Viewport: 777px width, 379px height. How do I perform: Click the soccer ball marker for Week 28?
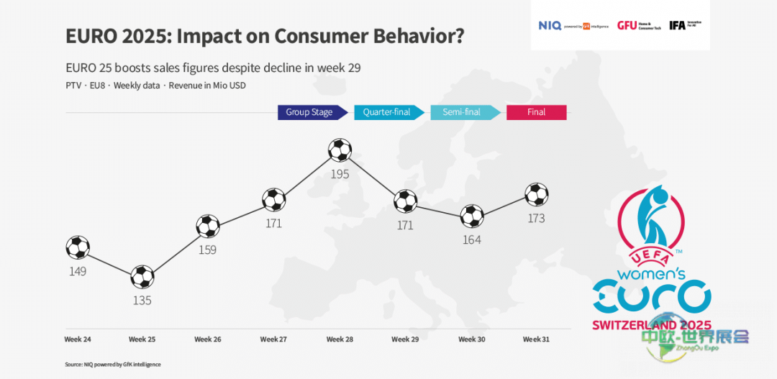pyautogui.click(x=340, y=150)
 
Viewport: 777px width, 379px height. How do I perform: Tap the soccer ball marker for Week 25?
pyautogui.click(x=142, y=277)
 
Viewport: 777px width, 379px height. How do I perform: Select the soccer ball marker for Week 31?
pyautogui.click(x=537, y=194)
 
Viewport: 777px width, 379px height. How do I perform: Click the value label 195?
pyautogui.click(x=340, y=175)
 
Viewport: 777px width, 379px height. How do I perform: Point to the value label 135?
pyautogui.click(x=142, y=301)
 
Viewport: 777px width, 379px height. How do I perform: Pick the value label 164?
pyautogui.click(x=471, y=240)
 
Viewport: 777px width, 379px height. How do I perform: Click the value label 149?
pyautogui.click(x=77, y=271)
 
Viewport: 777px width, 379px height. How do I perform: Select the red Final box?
pyautogui.click(x=537, y=112)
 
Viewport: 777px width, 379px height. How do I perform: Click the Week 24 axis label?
pyautogui.click(x=78, y=339)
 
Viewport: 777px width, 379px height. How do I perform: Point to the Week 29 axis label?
pyautogui.click(x=405, y=339)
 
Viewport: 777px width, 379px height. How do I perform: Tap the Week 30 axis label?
pyautogui.click(x=472, y=339)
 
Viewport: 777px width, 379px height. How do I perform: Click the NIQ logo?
pyautogui.click(x=550, y=26)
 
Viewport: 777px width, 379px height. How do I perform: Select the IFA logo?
pyautogui.click(x=677, y=25)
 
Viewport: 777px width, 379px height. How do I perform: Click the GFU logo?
pyautogui.click(x=627, y=26)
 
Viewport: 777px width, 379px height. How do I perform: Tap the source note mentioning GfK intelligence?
pyautogui.click(x=113, y=365)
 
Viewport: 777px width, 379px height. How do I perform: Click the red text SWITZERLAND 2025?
pyautogui.click(x=651, y=325)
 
